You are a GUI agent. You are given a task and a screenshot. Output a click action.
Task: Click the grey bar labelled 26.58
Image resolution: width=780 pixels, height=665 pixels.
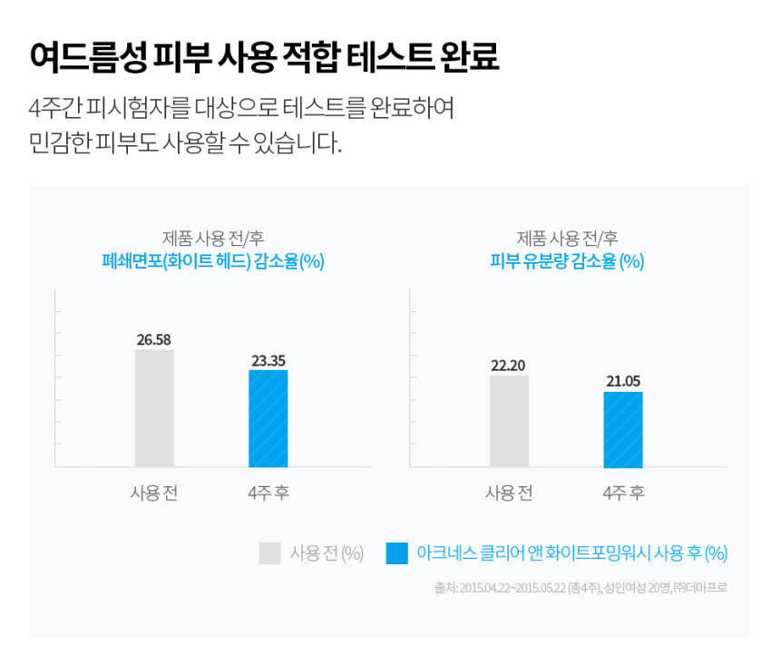point(154,408)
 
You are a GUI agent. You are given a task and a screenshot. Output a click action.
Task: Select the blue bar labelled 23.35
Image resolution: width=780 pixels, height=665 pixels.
point(268,418)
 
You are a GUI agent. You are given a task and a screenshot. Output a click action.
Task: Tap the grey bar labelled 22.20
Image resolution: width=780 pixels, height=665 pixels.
point(509,421)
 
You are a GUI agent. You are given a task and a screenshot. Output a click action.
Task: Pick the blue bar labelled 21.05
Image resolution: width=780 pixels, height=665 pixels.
point(622,429)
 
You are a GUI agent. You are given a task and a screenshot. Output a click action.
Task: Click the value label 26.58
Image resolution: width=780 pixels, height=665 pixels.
point(154,340)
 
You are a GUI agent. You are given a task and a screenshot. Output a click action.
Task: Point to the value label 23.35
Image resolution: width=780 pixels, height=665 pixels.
point(268,360)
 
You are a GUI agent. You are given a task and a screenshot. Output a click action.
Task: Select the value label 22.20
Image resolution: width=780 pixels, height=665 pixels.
point(509,366)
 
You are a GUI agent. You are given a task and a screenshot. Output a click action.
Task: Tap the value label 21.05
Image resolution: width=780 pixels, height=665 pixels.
point(622,381)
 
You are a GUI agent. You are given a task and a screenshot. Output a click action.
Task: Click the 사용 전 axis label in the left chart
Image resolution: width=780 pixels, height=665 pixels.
point(154,493)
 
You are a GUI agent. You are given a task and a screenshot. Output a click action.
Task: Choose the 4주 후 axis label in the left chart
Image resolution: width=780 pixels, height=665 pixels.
point(268,493)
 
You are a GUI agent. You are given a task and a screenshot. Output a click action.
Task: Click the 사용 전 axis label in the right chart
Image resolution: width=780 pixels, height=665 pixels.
point(509,493)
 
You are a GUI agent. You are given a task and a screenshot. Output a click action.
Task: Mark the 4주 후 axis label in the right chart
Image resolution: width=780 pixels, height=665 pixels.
point(623,493)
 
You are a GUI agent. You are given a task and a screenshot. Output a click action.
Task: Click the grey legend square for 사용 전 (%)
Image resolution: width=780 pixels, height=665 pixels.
point(269,553)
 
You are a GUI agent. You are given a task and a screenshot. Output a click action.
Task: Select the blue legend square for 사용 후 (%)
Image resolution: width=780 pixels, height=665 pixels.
point(396,553)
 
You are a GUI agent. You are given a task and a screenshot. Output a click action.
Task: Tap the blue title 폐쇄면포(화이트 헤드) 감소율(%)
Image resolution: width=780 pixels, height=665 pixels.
point(213,261)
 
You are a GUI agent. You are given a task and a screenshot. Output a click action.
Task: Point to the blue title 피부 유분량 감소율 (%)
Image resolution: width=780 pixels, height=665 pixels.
point(567,261)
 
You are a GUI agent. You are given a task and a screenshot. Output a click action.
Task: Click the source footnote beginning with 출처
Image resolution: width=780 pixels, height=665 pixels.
point(580,588)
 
